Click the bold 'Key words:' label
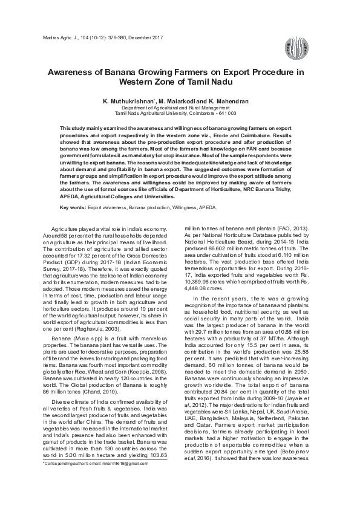(73, 207)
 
